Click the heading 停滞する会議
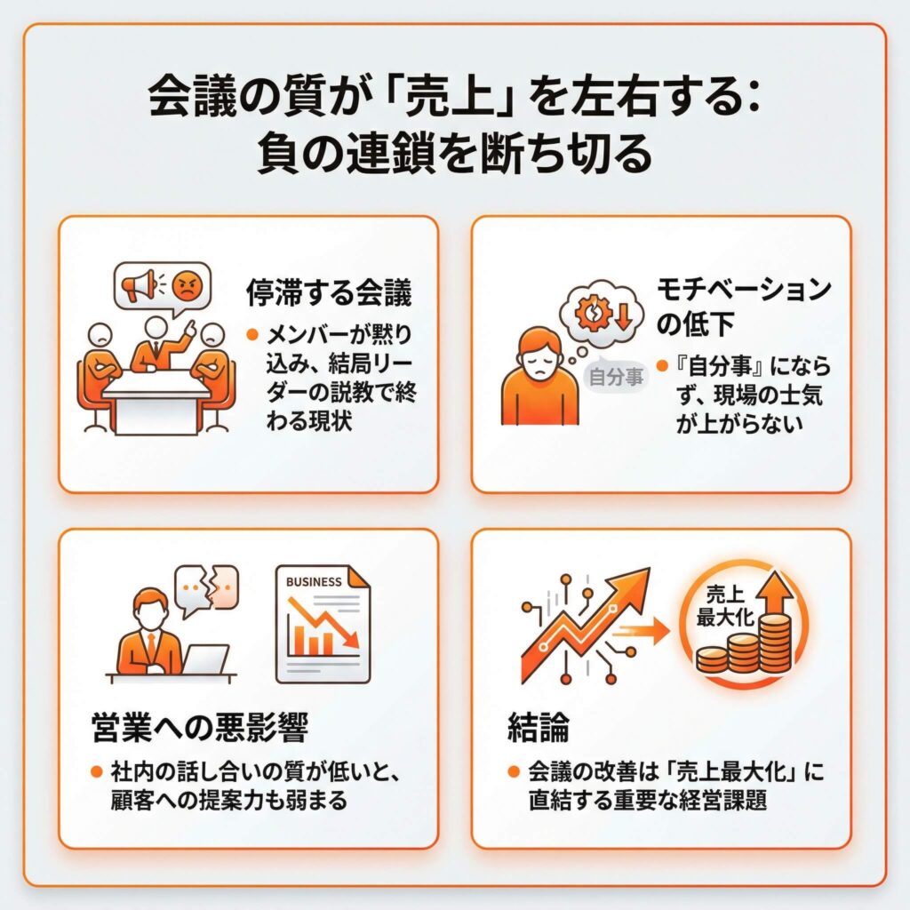pyautogui.click(x=329, y=291)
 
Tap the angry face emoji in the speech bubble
pyautogui.click(x=187, y=285)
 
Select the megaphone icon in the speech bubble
pyautogui.click(x=138, y=285)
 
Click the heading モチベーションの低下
pyautogui.click(x=744, y=306)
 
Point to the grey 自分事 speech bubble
pyautogui.click(x=616, y=377)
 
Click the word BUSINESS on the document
pyautogui.click(x=314, y=581)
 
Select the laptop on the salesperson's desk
pyautogui.click(x=206, y=660)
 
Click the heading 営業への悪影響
pyautogui.click(x=200, y=727)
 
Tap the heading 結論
pyautogui.click(x=538, y=727)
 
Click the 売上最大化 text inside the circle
pyautogui.click(x=725, y=606)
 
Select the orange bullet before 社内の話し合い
pyautogui.click(x=97, y=772)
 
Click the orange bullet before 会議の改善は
pyautogui.click(x=513, y=772)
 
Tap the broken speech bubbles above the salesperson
pyautogui.click(x=206, y=590)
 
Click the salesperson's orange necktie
pyautogui.click(x=151, y=644)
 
